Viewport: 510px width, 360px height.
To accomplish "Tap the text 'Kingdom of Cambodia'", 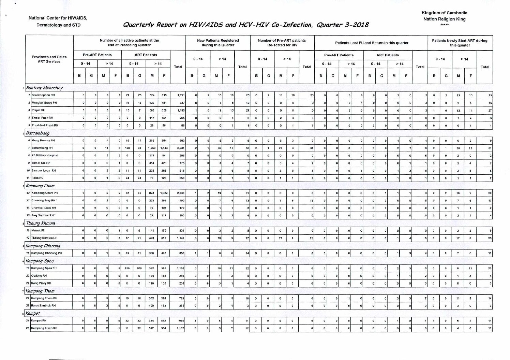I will tap(444, 13).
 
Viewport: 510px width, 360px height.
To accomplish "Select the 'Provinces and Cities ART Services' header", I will tap(49, 59).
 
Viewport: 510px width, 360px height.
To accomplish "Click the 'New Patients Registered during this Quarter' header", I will tap(218, 42).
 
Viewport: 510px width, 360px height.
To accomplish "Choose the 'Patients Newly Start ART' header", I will tap(460, 42).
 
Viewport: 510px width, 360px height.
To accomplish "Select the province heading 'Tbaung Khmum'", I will tap(41, 223).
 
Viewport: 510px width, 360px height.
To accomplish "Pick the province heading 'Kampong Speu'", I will tap(40, 261).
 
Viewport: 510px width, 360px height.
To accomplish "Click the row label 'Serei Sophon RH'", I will tap(43, 95).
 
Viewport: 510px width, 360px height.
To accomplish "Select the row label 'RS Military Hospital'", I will tap(44, 156).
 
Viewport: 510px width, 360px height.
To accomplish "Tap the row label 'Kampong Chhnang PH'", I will tap(46, 253).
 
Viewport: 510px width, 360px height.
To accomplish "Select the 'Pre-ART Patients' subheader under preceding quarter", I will tap(97, 55).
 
